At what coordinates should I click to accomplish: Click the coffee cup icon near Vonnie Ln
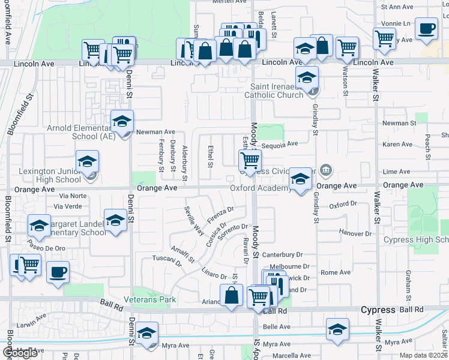427,29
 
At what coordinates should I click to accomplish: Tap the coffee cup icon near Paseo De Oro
58,272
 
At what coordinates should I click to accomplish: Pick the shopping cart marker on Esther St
250,160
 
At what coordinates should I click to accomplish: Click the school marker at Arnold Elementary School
122,122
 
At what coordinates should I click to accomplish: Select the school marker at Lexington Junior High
87,161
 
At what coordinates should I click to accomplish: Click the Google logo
20,353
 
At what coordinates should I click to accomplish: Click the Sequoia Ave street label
280,144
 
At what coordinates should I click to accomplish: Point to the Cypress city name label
378,310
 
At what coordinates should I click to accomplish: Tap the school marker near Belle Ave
338,329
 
